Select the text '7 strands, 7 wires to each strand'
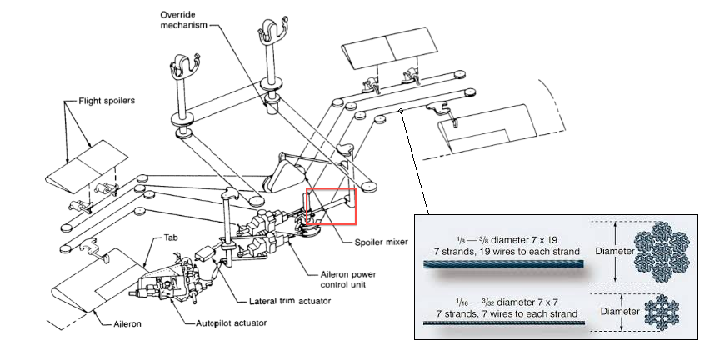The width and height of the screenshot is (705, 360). coord(504,312)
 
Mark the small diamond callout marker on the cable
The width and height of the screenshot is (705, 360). coord(401,111)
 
